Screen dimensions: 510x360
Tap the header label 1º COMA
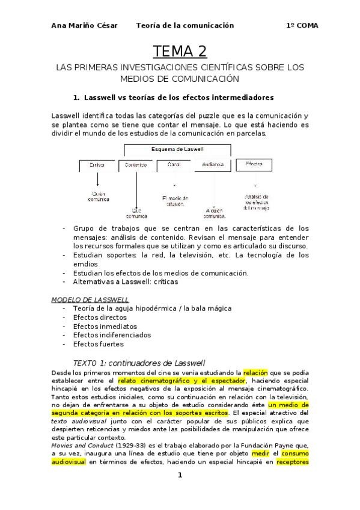302,25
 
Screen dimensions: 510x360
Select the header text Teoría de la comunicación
185,25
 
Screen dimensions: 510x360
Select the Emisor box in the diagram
97,164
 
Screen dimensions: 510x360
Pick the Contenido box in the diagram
135,164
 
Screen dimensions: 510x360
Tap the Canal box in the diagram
174,164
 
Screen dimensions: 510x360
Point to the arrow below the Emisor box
97,180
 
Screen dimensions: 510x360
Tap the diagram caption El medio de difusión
175,200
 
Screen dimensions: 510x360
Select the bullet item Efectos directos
100,317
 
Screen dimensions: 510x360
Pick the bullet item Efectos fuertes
98,344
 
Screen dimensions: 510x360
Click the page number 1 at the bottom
180,475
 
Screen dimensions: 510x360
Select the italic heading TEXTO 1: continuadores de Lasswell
139,363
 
